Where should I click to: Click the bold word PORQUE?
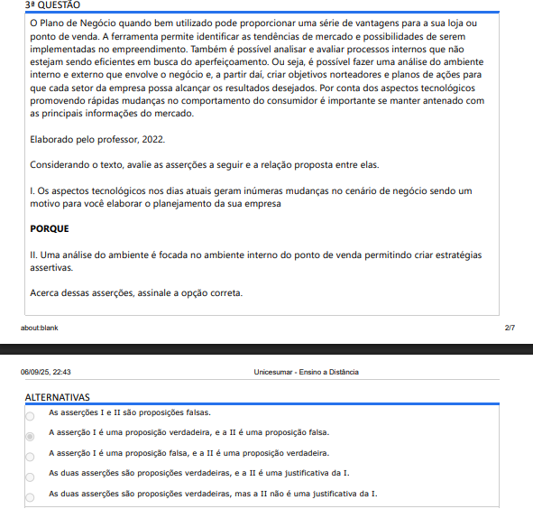click(50, 229)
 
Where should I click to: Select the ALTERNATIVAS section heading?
click(57, 397)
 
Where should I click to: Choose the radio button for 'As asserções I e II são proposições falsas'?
click(30, 416)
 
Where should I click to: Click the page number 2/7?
click(510, 328)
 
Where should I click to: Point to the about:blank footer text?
click(40, 328)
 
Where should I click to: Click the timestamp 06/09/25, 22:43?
click(46, 372)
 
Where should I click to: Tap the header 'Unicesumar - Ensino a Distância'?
click(306, 372)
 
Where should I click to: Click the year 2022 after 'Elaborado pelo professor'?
click(152, 140)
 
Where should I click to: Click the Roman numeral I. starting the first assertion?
click(32, 191)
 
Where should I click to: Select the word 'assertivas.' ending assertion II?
click(51, 268)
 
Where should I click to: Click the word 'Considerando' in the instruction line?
click(60, 165)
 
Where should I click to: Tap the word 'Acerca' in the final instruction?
click(45, 293)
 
